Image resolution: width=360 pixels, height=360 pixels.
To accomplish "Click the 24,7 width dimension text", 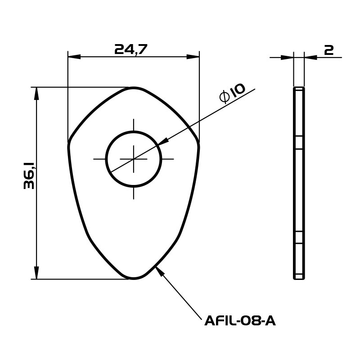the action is pos(131,49).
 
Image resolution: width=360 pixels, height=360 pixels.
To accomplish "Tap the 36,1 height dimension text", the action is pos(29,175).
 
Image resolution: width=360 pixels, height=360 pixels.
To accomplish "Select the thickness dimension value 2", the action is pos(329,50).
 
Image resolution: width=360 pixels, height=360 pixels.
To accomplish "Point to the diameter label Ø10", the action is pos(232,93).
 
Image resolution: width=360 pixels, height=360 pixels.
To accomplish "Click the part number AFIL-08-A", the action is pos(240,321).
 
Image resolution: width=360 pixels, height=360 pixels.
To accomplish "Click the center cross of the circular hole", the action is pos(134,159).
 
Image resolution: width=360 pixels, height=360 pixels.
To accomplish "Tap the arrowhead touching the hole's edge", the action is pos(162,142).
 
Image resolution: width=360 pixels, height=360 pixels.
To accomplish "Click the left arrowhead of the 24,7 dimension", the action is pos(74,57).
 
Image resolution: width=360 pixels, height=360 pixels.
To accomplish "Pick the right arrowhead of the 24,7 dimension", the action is pos(193,57).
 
